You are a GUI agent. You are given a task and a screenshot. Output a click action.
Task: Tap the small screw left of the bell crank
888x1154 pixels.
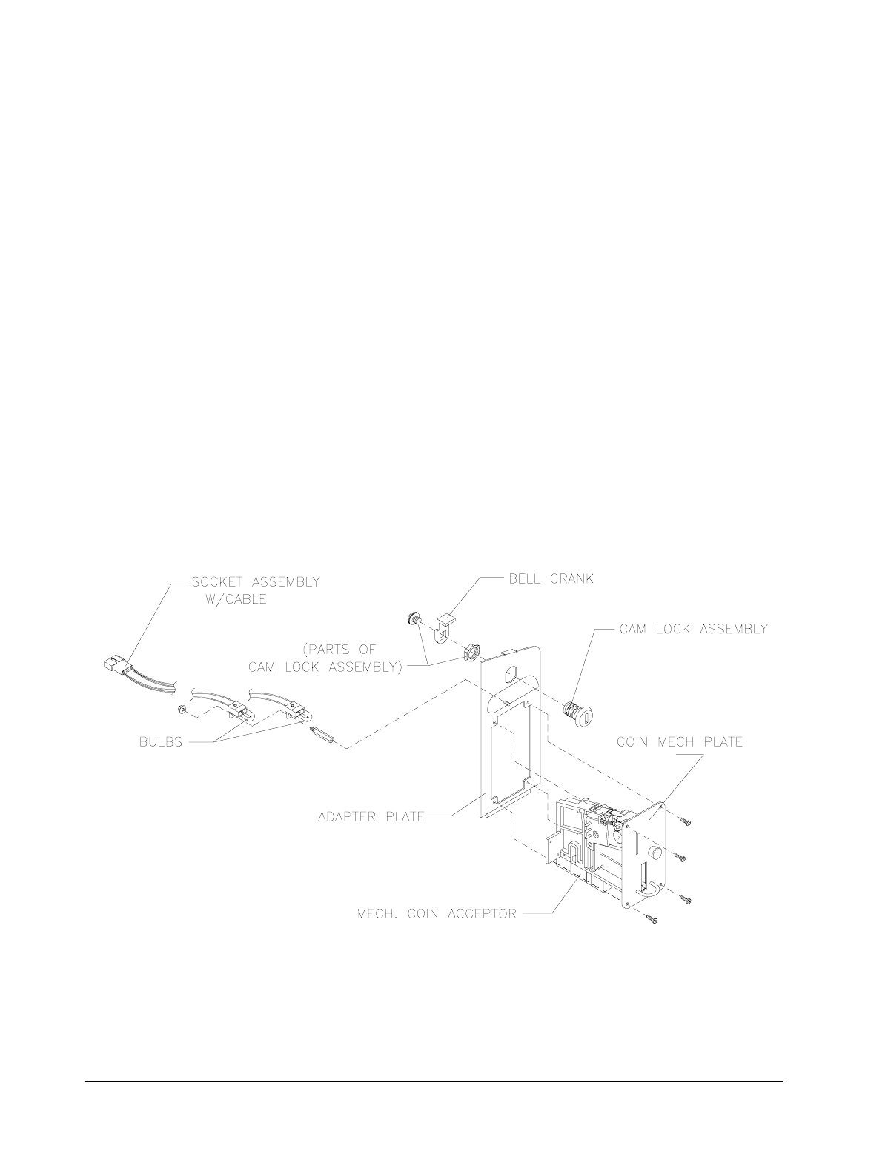point(414,618)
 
